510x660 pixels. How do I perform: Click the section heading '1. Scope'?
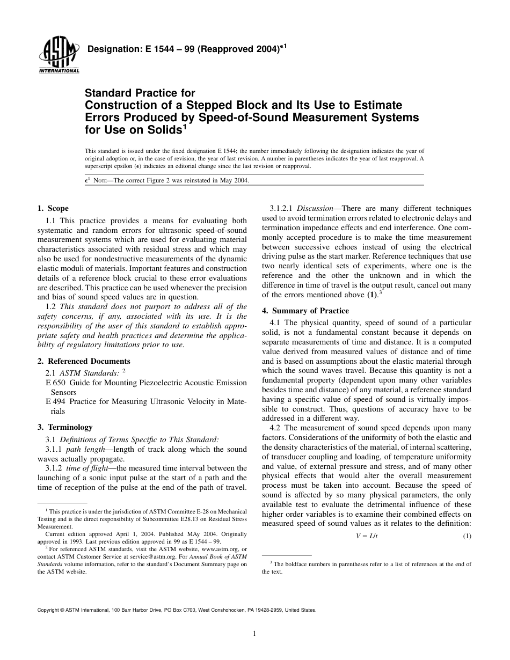[53, 209]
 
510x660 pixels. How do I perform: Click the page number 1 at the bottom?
[254, 634]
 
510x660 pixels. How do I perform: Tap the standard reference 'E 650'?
[56, 383]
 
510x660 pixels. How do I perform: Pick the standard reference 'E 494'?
[56, 402]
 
